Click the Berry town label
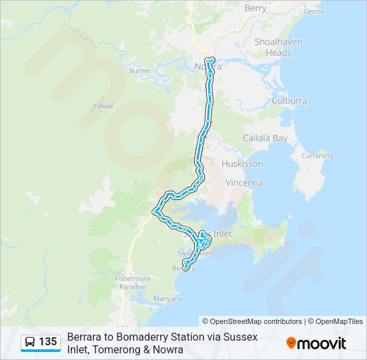click(255, 8)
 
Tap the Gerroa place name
click(314, 11)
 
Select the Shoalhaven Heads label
click(278, 47)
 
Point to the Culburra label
click(290, 101)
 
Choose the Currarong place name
click(317, 156)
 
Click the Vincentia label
click(244, 183)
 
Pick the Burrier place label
click(140, 70)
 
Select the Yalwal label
click(103, 106)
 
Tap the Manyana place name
click(167, 299)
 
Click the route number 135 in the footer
click(47, 342)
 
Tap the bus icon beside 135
click(30, 343)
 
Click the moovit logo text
click(322, 343)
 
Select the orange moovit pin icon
click(291, 343)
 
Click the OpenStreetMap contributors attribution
click(256, 321)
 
